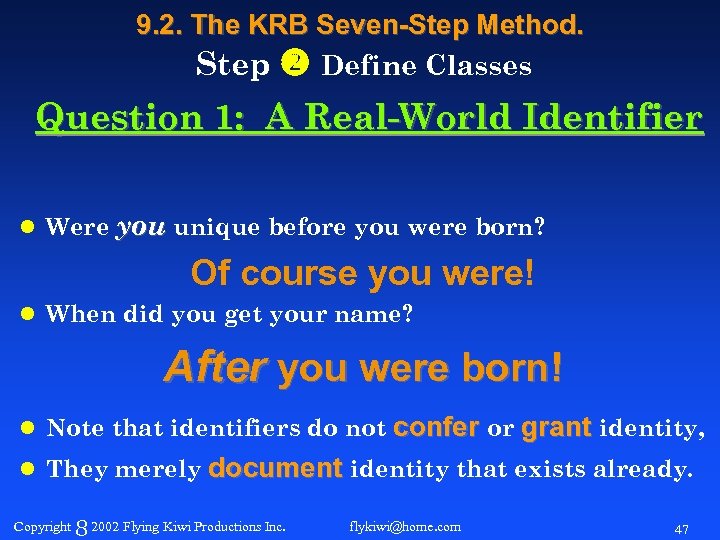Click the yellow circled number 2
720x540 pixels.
297,64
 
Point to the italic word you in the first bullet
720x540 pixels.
141,227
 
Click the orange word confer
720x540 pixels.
437,428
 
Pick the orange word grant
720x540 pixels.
557,428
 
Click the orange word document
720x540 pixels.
275,468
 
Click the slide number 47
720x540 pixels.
682,527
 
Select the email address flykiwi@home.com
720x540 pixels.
405,526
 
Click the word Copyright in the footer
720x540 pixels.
43,526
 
